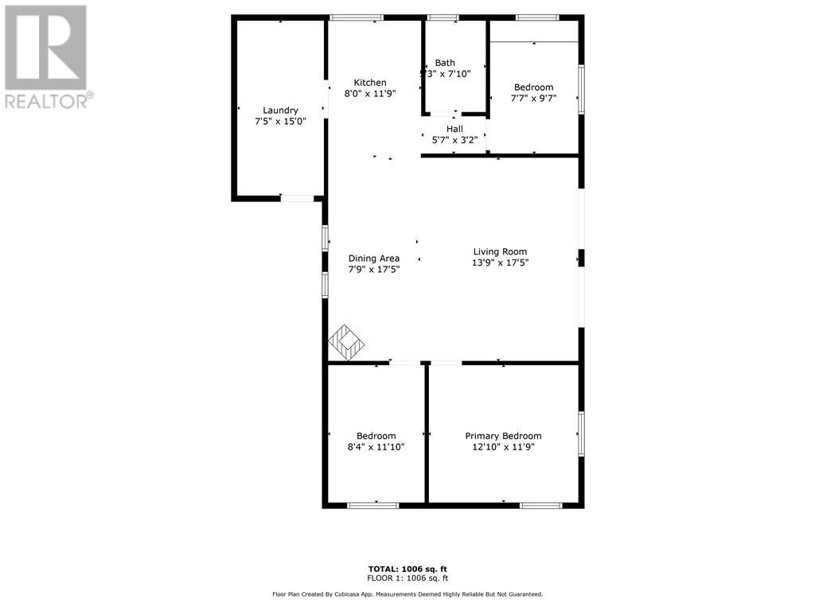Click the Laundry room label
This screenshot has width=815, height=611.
(280, 110)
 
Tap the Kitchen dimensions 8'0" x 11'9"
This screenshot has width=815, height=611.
(370, 94)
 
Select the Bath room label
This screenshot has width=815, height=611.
(445, 63)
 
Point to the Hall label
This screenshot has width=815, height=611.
(454, 129)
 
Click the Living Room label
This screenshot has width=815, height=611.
(500, 252)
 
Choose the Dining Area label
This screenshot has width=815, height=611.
(374, 259)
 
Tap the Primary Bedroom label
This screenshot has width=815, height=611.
(503, 436)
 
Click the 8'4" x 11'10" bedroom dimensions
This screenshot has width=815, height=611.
(376, 447)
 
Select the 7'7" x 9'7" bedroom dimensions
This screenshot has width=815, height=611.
(534, 98)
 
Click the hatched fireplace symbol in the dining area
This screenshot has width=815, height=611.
(345, 342)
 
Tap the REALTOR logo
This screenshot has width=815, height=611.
(49, 56)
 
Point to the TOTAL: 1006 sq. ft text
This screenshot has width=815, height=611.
(407, 569)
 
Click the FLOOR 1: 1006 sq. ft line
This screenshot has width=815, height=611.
(407, 578)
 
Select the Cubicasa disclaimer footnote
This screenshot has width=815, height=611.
(407, 593)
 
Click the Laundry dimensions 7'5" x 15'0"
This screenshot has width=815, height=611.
(280, 122)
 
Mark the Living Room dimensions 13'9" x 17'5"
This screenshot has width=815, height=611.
(500, 263)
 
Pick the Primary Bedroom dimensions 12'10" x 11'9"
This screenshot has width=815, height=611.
(503, 447)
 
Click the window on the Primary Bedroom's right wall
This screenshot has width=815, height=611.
(581, 434)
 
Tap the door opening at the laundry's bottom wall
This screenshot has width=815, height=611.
(298, 198)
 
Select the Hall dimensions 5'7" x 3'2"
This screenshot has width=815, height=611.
(454, 140)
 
